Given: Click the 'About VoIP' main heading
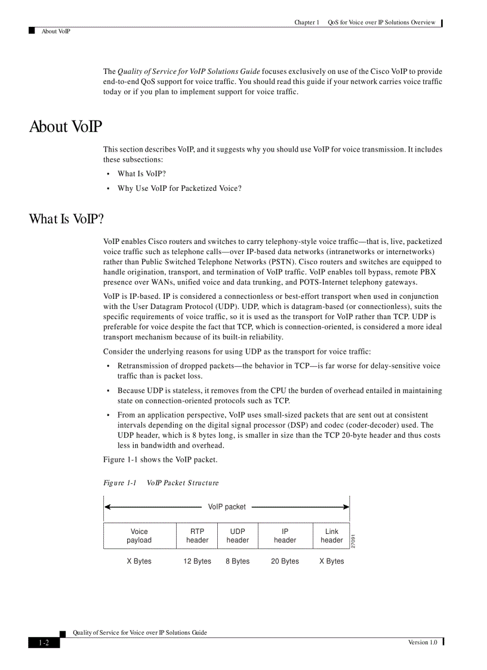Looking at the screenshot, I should point(66,127).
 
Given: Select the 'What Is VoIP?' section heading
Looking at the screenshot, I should point(66,219).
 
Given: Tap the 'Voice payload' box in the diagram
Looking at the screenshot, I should point(139,536).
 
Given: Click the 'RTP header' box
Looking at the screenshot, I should point(197,536).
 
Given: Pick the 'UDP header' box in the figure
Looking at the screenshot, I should point(238,536).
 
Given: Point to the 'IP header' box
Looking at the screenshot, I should point(285,536).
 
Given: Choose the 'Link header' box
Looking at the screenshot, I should point(331,536).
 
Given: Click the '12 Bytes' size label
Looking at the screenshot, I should point(197,561).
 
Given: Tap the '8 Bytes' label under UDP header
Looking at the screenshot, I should point(238,561).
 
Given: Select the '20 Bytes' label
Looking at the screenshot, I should point(285,561).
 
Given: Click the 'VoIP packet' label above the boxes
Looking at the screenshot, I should point(227,507).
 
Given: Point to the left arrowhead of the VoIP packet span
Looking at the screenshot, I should point(107,507).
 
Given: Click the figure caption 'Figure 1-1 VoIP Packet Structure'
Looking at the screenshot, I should point(161,483).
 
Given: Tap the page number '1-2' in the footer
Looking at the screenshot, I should point(44,643).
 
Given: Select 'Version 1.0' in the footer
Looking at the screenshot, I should point(423,642).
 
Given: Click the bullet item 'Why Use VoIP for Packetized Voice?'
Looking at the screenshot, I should point(179,189).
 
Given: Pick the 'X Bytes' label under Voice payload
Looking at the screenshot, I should point(139,561).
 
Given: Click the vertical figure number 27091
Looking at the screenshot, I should point(354,541).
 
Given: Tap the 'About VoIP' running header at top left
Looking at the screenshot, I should point(56,32).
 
